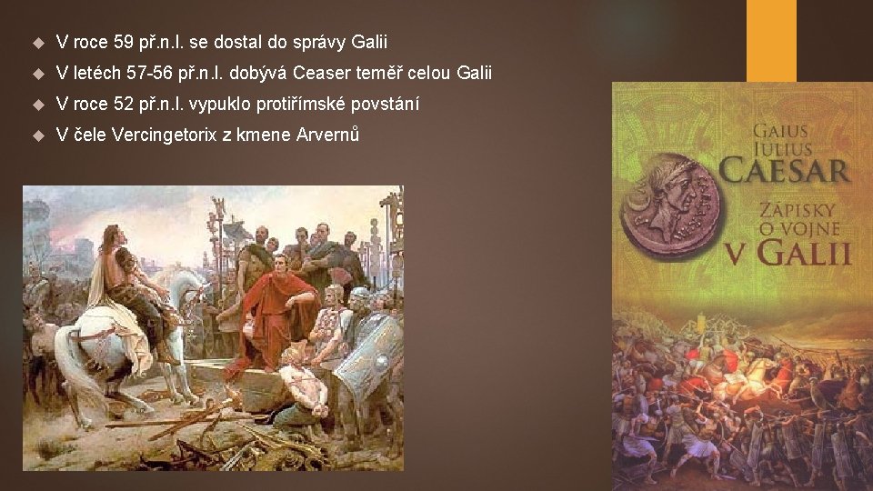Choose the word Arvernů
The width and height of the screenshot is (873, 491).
tap(326, 135)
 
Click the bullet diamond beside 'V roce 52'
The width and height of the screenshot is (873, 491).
tap(36, 104)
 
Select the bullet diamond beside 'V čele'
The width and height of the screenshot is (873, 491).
tap(36, 135)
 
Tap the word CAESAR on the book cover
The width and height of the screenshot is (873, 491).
tap(784, 170)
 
